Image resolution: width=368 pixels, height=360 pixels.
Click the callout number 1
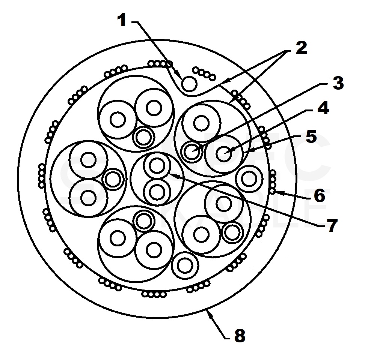pyautogui.click(x=122, y=21)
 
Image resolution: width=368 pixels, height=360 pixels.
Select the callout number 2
pyautogui.click(x=300, y=48)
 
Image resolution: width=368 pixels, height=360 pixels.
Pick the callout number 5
pyautogui.click(x=311, y=137)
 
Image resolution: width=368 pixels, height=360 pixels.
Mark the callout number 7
pyautogui.click(x=331, y=225)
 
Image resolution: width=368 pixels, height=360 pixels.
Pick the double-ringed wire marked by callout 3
pyautogui.click(x=192, y=152)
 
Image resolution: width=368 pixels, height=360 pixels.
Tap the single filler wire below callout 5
pyautogui.click(x=248, y=178)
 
